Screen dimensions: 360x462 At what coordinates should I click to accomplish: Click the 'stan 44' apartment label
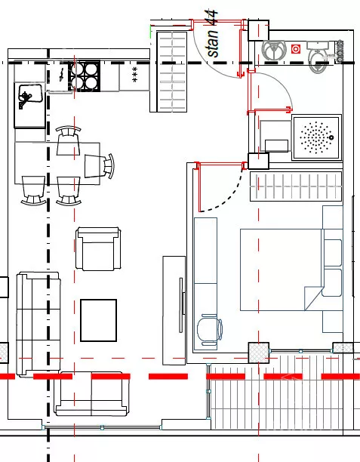point(213,32)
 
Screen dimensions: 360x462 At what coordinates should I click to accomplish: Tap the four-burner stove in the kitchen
point(85,76)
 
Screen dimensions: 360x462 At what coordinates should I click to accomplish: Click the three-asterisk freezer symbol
point(134,75)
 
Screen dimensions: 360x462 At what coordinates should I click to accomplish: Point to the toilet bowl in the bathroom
point(318,57)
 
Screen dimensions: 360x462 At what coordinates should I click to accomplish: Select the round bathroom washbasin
point(274,50)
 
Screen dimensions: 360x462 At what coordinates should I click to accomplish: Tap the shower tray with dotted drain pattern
point(317,137)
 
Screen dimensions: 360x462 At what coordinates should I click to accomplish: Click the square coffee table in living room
point(99,320)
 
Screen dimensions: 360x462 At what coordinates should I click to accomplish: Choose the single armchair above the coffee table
point(98,249)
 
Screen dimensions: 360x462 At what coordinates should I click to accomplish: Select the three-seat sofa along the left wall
point(38,324)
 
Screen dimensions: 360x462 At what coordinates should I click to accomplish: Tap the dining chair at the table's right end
point(99,166)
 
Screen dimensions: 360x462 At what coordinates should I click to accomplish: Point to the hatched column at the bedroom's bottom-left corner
point(259,353)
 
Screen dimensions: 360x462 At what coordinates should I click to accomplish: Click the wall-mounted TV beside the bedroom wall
point(182,305)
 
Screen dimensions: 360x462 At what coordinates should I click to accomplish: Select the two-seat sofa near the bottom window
point(91,393)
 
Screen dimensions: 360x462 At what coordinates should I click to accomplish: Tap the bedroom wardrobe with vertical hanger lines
point(296,186)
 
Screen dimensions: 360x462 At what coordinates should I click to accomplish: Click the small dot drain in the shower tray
point(332,137)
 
